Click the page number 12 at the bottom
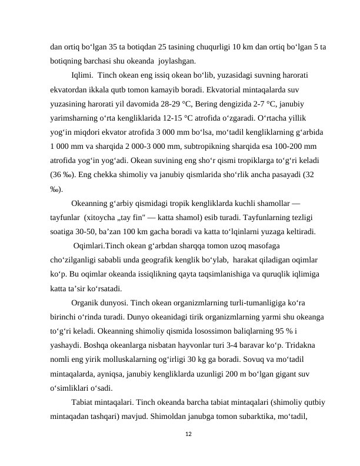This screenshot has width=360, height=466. point(188,434)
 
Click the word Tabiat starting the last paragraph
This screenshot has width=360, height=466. point(82,401)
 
